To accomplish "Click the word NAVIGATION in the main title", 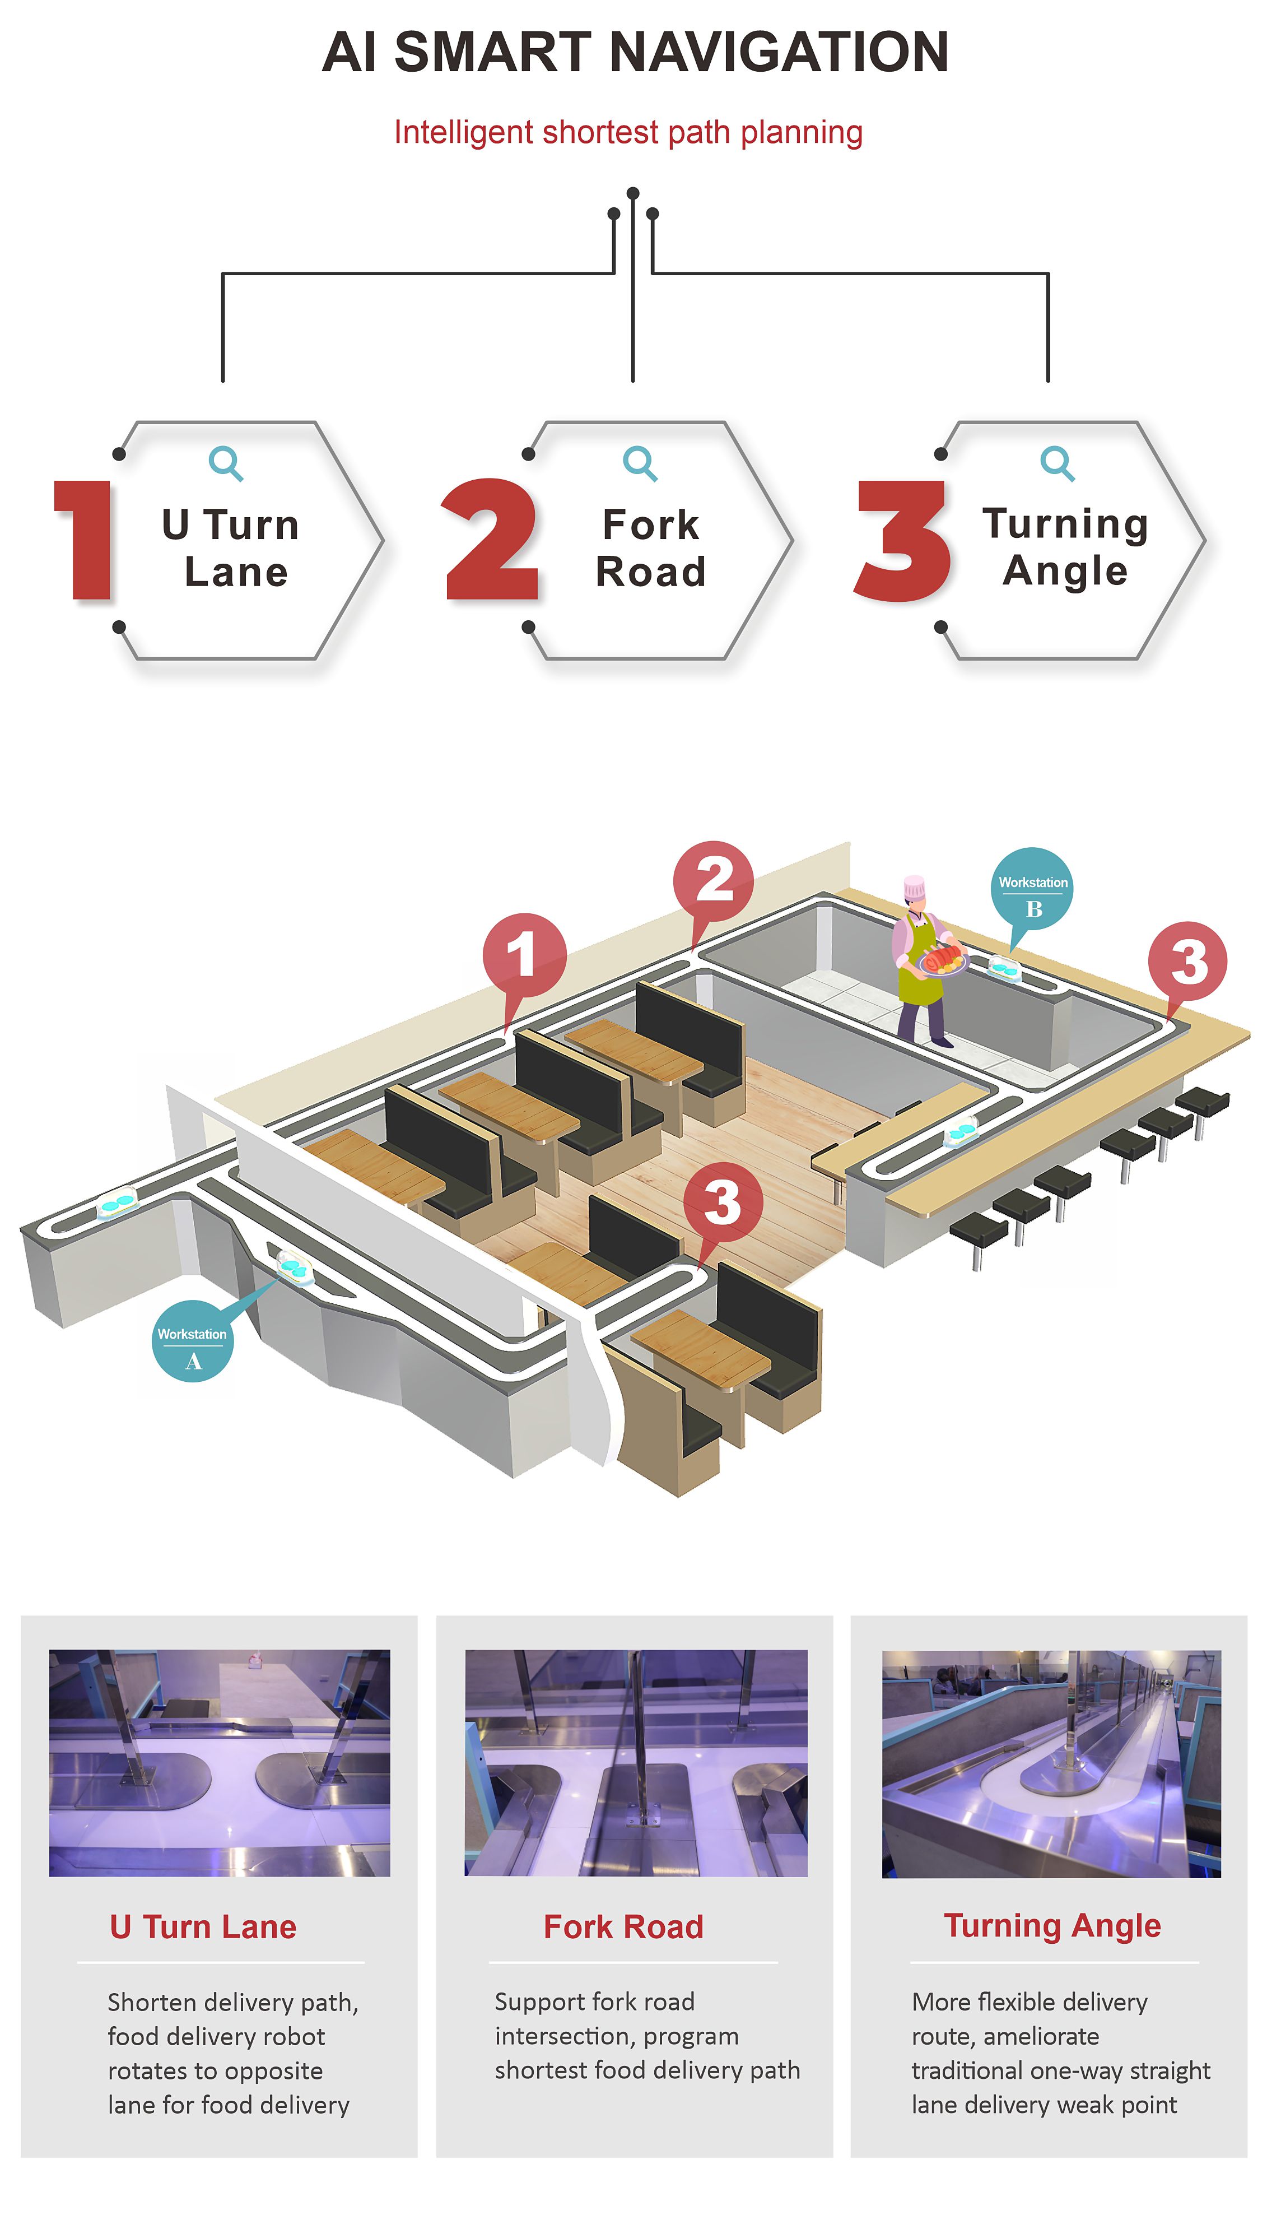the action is (x=779, y=52).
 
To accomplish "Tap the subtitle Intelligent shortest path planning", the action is (x=628, y=132).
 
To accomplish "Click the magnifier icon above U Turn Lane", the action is (x=225, y=463).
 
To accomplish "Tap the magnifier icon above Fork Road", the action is (x=640, y=463).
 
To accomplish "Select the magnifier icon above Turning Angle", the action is (x=1058, y=463).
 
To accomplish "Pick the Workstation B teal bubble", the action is (x=1032, y=889).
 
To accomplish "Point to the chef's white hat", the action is (x=914, y=887).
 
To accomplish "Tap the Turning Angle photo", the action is (x=1051, y=1763).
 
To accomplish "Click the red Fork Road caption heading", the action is (x=623, y=1927).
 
